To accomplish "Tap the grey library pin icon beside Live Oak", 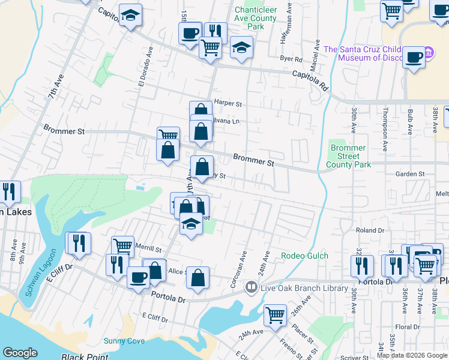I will pos(251,288).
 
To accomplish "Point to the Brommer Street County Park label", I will pos(348,156).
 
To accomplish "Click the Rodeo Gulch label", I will pos(304,256).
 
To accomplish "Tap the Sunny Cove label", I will pos(124,341).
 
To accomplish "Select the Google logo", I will pos(20,353).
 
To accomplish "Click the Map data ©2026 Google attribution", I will pos(412,355).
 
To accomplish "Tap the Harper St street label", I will pos(228,103).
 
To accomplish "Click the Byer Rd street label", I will pos(291,59).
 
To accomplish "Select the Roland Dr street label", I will pos(370,230).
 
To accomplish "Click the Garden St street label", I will pos(410,174).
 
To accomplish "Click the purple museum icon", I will pos(429,53).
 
